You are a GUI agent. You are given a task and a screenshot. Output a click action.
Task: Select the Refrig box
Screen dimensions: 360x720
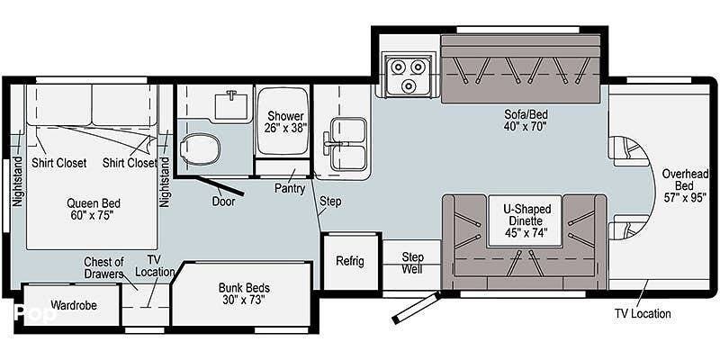(350, 261)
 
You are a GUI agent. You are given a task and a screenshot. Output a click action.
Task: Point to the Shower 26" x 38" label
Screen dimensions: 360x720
(284, 121)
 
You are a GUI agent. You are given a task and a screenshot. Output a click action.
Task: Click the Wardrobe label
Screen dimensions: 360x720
(73, 304)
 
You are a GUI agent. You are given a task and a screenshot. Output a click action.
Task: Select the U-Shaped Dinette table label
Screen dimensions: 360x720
(526, 221)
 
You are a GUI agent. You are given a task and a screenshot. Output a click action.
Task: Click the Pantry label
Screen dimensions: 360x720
(290, 187)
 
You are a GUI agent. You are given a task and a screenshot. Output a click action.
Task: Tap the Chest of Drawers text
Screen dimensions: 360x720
(103, 268)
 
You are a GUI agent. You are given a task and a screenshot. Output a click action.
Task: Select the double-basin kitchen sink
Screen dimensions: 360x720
(346, 144)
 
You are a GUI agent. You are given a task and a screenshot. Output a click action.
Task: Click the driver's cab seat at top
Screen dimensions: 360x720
(627, 150)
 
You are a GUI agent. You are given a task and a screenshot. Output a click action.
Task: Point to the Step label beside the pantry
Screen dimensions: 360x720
(330, 201)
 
